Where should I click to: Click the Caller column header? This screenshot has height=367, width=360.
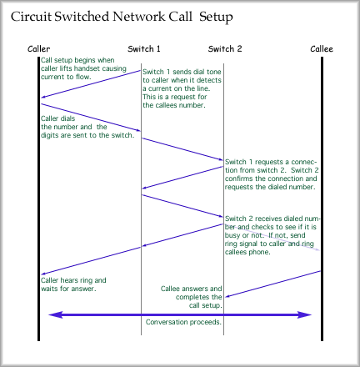[39, 49]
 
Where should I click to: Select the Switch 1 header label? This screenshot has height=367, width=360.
[144, 49]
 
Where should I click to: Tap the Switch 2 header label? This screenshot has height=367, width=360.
[225, 49]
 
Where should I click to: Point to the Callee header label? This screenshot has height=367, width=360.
[322, 49]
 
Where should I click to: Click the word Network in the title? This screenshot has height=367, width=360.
[138, 17]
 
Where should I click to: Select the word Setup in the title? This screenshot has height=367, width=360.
[216, 18]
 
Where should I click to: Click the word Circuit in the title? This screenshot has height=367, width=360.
[31, 17]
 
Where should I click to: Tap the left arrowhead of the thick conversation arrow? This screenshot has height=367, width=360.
[56, 314]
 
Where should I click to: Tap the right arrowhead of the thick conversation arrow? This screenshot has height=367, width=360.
[304, 314]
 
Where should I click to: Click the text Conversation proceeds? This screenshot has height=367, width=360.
[183, 322]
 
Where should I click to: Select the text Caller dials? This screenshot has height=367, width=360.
[57, 118]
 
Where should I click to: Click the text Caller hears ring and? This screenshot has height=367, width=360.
[73, 280]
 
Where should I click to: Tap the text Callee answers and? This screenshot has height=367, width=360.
[192, 289]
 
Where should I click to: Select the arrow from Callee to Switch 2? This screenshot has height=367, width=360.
[272, 284]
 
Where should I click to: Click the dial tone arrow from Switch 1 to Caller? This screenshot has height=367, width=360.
[91, 84]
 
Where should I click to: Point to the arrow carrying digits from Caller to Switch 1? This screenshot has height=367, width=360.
[91, 118]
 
